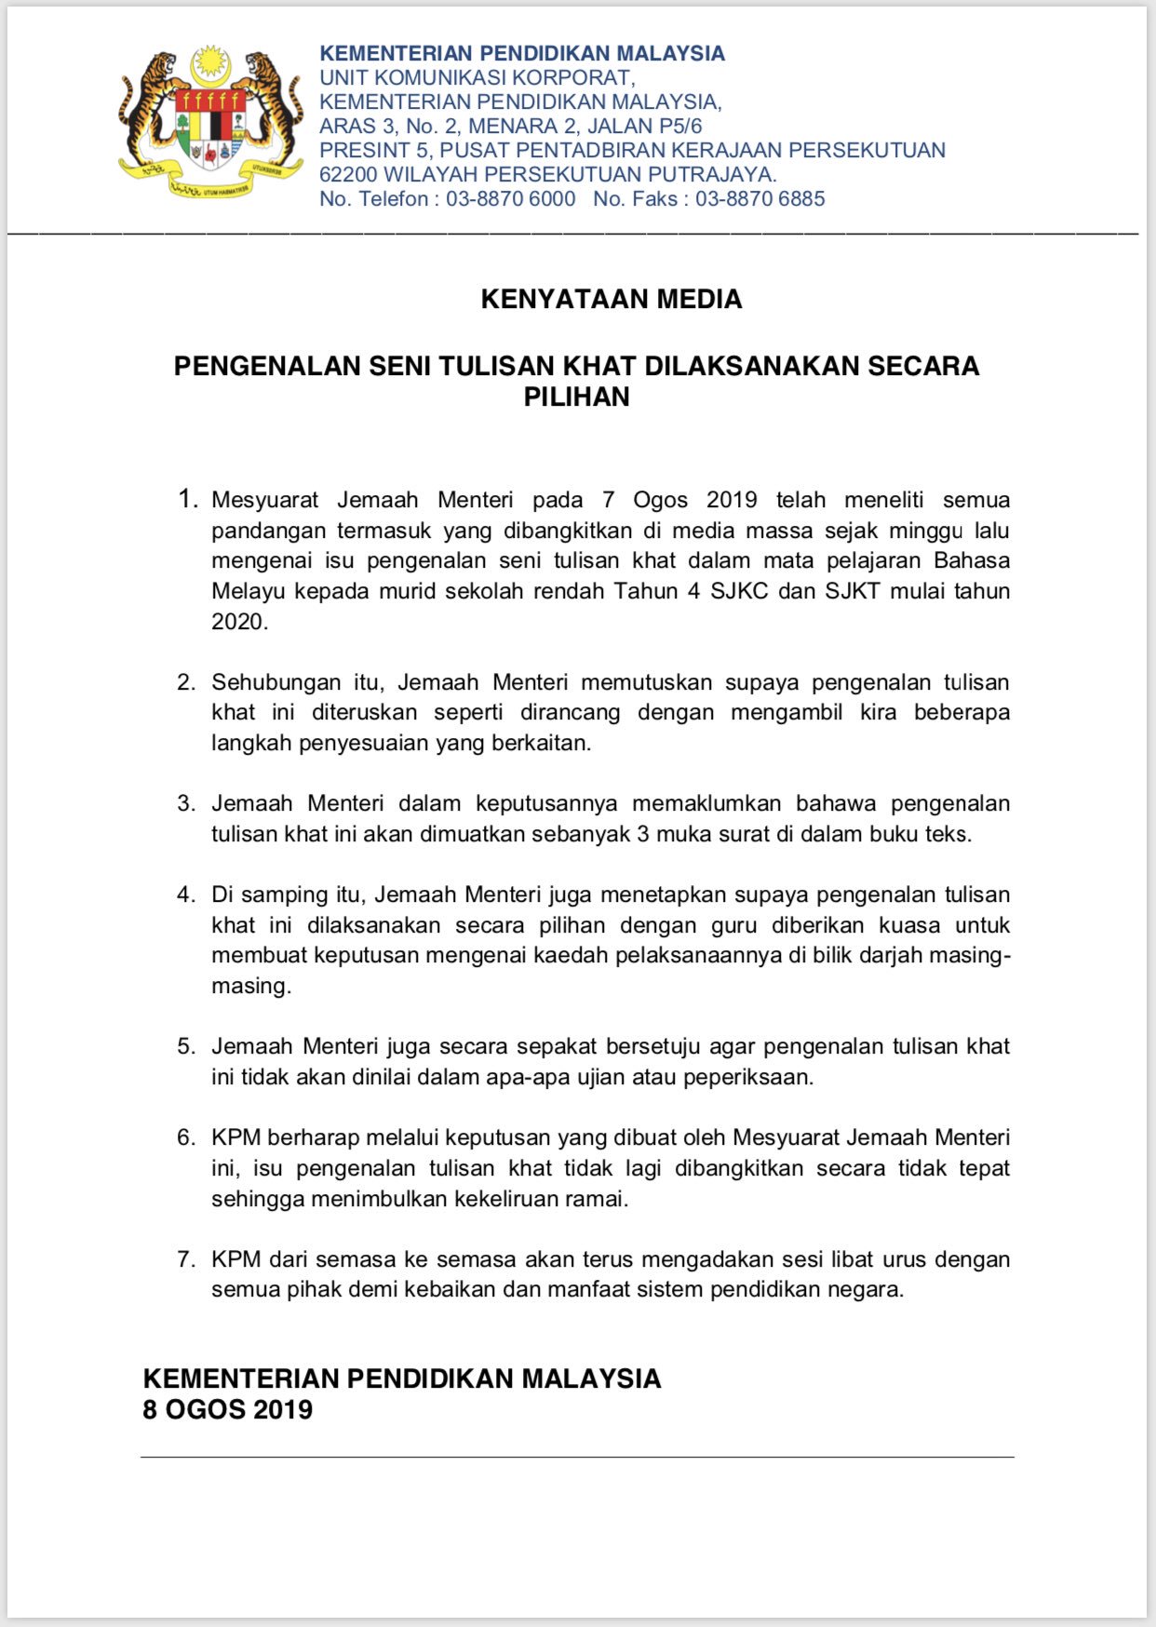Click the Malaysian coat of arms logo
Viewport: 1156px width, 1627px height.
click(x=210, y=122)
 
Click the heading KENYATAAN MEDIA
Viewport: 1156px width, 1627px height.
click(x=612, y=299)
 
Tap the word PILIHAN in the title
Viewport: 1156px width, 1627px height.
click(x=577, y=397)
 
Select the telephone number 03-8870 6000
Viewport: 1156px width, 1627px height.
click(x=510, y=199)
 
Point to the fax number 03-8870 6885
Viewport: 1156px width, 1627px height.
click(x=759, y=199)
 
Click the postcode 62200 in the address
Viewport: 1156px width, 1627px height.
click(x=348, y=175)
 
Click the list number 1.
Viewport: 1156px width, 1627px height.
click(x=187, y=500)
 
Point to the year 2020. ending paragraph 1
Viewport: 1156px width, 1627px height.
click(x=239, y=622)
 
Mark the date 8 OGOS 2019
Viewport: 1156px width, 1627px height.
click(x=227, y=1410)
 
